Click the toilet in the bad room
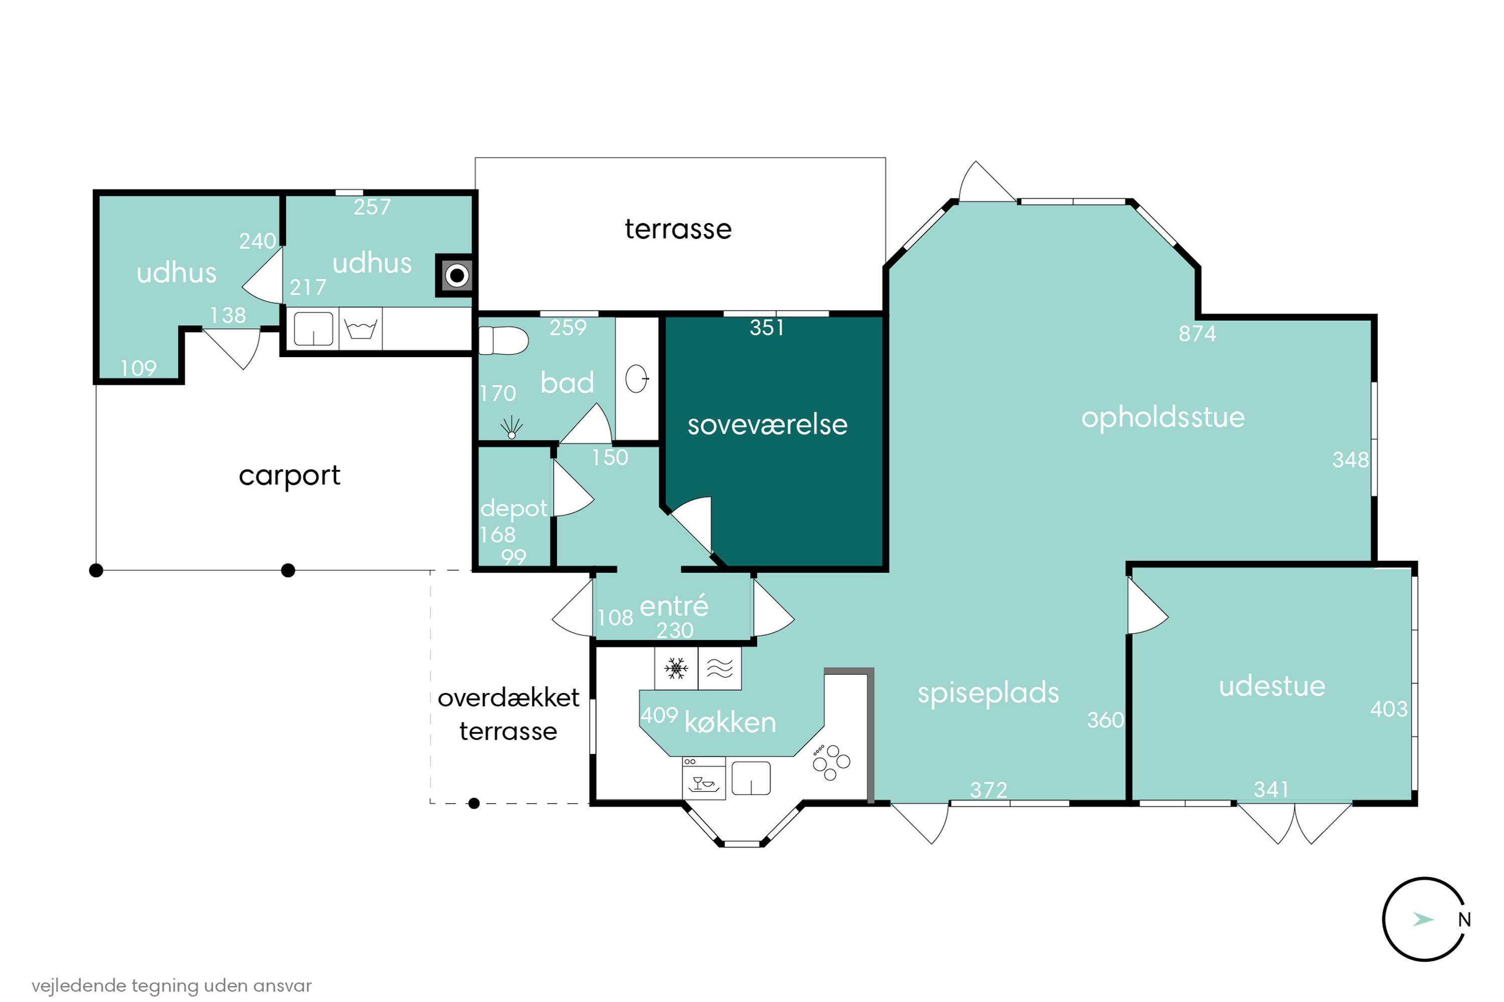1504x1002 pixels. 503,340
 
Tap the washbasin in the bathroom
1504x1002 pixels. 637,378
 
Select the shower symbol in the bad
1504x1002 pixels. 511,427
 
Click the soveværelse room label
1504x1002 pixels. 768,425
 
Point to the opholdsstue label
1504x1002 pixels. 1163,418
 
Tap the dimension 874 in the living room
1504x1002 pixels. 1197,334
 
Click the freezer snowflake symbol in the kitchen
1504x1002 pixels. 676,668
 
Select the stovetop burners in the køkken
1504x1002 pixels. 831,763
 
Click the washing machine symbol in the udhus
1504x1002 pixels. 360,329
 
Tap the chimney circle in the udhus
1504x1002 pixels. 457,276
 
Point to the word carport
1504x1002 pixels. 290,476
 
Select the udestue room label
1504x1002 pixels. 1272,686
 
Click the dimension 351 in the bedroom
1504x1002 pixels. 767,327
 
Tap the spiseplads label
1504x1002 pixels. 989,693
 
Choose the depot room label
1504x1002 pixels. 513,509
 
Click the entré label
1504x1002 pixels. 674,605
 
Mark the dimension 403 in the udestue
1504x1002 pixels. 1389,709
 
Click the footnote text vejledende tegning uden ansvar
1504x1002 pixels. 171,985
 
